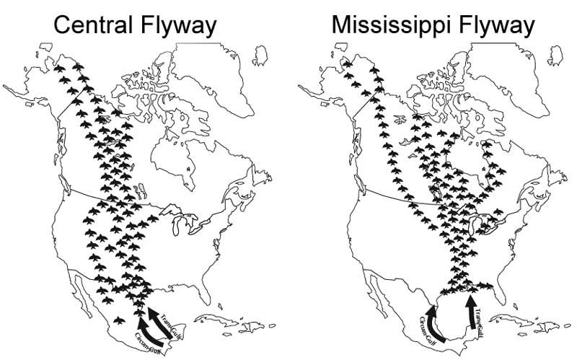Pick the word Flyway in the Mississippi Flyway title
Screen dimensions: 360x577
(500, 26)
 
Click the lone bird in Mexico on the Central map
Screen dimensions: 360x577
(119, 318)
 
